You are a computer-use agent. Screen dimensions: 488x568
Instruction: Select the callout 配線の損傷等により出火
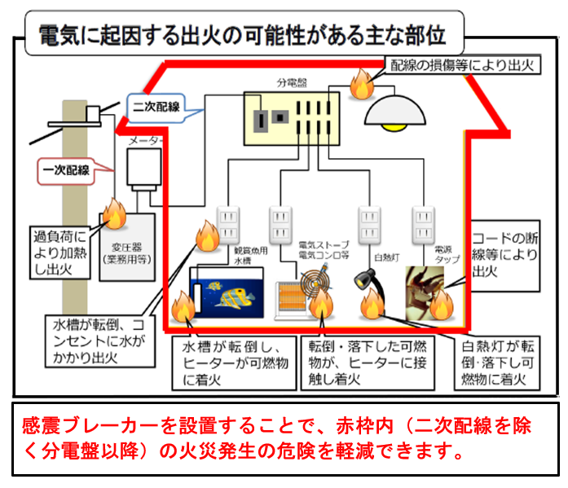[461, 66]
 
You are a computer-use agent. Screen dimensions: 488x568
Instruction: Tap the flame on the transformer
[113, 217]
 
